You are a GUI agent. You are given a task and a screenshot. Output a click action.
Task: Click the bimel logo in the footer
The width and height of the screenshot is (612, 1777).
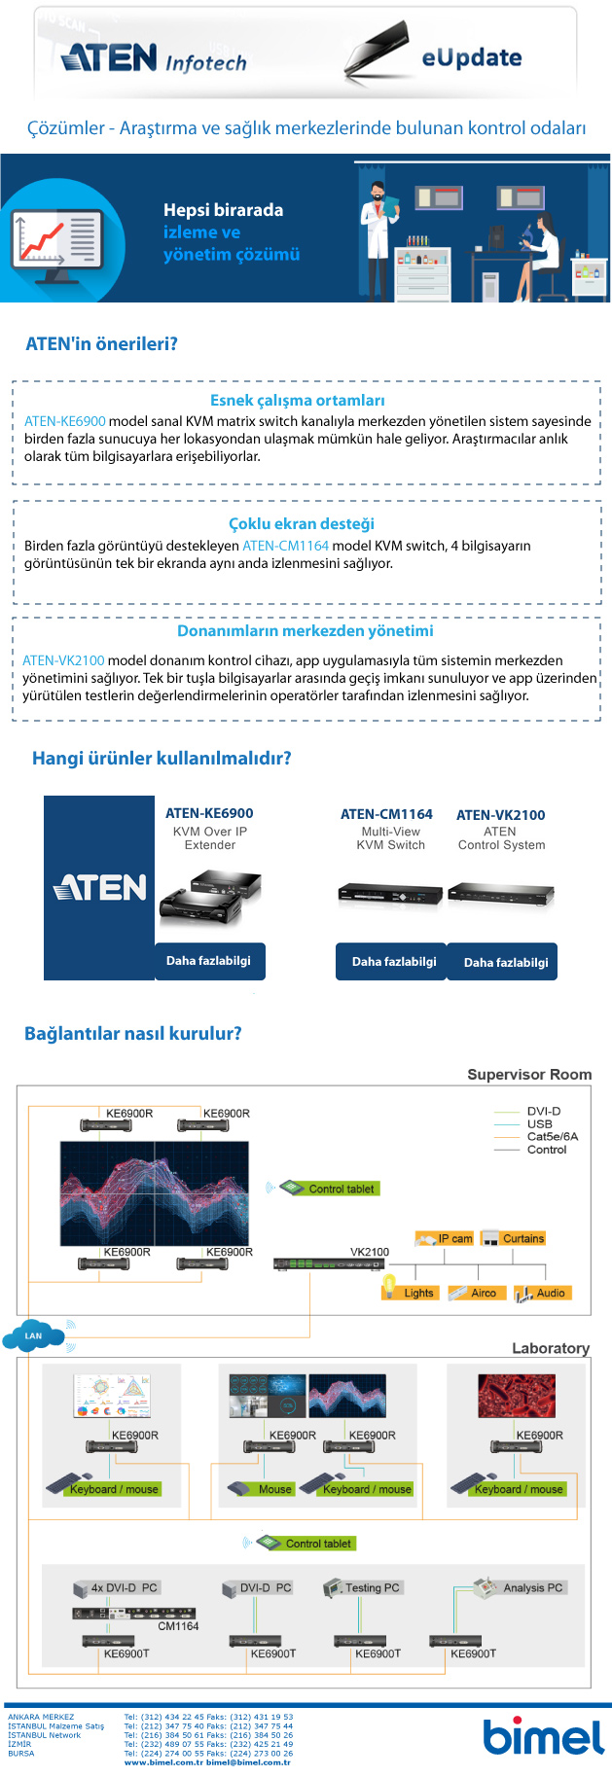543,1737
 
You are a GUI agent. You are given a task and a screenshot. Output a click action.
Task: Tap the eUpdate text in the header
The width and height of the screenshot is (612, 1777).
471,58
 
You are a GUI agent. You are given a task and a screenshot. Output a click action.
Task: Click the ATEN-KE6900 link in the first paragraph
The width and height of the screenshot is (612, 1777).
65,421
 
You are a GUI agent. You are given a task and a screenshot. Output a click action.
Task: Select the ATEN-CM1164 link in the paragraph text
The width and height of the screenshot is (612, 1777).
285,546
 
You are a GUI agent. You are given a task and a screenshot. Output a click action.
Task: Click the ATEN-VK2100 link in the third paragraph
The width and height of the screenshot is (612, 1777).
63,660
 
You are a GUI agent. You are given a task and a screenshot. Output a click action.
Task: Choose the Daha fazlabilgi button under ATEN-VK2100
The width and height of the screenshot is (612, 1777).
505,962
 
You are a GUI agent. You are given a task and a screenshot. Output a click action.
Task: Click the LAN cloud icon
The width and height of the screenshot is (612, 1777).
34,1335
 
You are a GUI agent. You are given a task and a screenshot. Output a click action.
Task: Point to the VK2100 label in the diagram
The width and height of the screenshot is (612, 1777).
369,1252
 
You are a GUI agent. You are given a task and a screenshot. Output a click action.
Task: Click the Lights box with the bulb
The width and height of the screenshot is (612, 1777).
411,1293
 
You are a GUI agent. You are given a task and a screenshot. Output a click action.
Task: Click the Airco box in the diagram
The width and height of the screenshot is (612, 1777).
476,1293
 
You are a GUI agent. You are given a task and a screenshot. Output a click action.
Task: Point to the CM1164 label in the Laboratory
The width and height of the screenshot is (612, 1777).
178,1626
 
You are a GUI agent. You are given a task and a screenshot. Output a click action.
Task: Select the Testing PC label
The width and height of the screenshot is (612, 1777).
372,1587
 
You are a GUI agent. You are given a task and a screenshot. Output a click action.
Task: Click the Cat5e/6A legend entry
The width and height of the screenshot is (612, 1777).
552,1136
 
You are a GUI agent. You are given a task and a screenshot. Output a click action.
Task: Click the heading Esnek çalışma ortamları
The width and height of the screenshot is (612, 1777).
298,401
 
